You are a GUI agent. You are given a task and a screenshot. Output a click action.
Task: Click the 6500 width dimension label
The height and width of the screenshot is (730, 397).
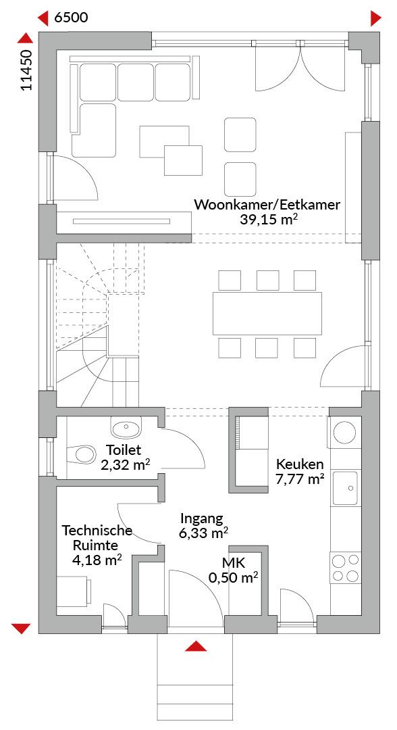(x=71, y=18)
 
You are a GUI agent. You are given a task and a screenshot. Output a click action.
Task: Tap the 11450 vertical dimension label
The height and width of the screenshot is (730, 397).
(x=26, y=70)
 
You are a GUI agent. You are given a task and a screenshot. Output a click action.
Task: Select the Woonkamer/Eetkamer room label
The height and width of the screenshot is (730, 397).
(x=267, y=205)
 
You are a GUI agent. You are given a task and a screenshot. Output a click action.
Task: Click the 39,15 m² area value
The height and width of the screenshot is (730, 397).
(x=269, y=220)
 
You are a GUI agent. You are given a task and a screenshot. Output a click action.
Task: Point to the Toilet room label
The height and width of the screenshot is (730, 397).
(x=124, y=450)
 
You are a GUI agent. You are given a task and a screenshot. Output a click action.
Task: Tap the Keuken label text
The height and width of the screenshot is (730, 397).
(x=300, y=464)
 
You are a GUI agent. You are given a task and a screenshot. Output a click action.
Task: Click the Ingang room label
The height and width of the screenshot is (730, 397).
(x=203, y=519)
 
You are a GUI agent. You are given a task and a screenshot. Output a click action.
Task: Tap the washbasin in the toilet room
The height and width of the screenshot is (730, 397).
(x=126, y=427)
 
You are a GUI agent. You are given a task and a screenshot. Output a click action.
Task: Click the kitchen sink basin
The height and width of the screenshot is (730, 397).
(x=345, y=488)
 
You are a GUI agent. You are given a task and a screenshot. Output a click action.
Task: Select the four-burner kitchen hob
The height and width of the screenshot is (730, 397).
(x=346, y=568)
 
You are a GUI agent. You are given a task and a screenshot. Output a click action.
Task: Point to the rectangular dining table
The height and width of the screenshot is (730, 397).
(x=267, y=313)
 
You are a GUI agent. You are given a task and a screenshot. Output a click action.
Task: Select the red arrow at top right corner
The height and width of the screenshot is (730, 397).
(x=375, y=19)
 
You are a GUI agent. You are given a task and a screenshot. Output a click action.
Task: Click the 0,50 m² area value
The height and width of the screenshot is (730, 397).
(x=234, y=578)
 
